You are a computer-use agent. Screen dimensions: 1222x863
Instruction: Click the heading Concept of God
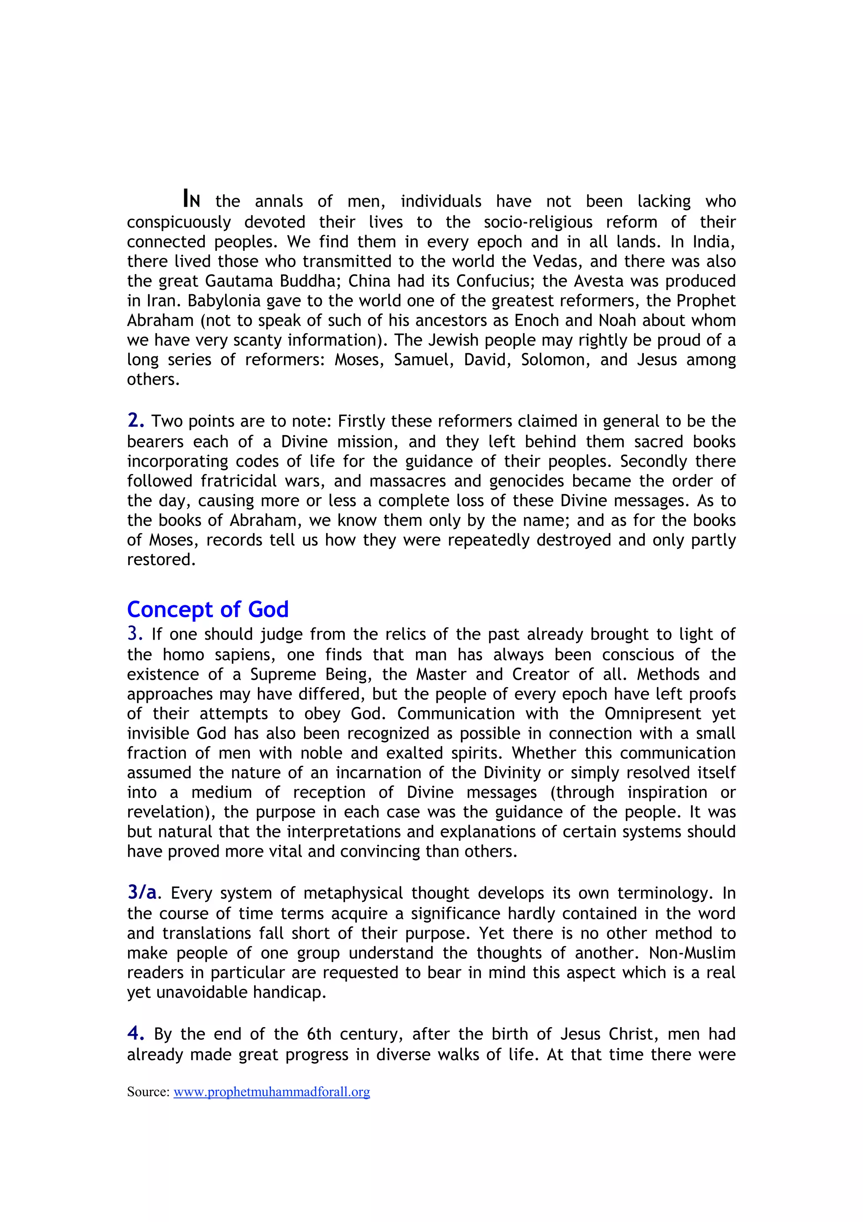tap(207, 609)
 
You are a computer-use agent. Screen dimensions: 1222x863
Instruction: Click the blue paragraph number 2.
tap(136, 421)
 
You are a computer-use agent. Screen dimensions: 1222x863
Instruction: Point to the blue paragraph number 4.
tap(136, 1034)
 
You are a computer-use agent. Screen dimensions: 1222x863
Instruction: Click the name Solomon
tap(555, 360)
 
